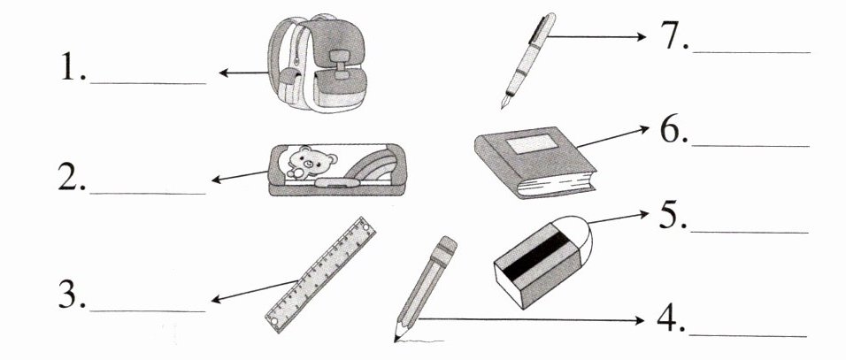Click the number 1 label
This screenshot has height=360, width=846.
(73, 67)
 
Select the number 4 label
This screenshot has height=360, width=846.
(671, 319)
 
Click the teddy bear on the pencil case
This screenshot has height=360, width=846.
(306, 162)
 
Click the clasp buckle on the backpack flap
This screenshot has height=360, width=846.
(340, 64)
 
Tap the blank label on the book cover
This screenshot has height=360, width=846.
(532, 143)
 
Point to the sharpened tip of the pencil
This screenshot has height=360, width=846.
(397, 334)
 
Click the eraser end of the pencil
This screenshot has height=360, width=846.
(446, 246)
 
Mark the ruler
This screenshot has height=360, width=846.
(320, 275)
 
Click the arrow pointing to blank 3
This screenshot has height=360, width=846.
(254, 290)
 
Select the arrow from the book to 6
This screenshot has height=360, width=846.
(612, 136)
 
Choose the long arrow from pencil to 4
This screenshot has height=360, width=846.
(532, 320)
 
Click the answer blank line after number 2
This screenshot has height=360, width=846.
(148, 193)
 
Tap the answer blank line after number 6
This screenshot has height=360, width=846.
(750, 146)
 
